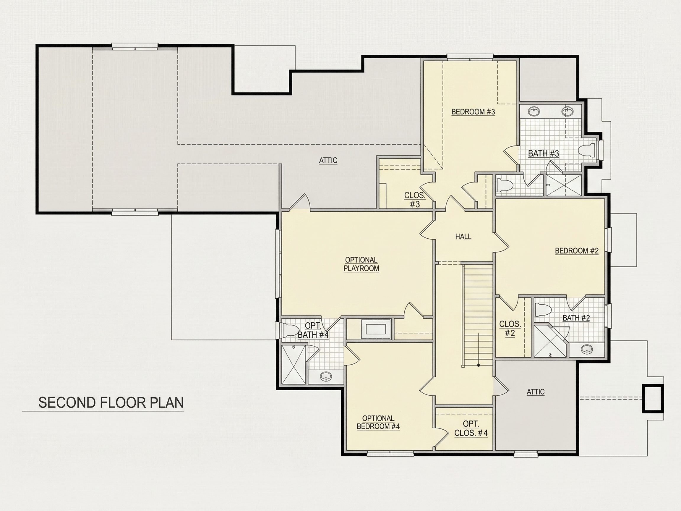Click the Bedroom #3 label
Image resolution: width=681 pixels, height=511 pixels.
point(473,111)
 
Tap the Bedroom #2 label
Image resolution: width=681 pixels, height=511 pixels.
point(577,251)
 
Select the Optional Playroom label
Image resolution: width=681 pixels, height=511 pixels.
point(361,264)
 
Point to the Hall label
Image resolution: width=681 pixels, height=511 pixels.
point(463,237)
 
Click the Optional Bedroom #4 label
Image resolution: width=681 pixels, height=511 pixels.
point(378,422)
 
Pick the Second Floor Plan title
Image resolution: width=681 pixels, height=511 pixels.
point(111,403)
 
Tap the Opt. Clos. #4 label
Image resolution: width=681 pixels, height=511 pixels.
point(471,428)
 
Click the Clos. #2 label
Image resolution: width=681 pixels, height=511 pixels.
point(510,329)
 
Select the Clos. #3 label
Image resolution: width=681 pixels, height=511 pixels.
point(415,200)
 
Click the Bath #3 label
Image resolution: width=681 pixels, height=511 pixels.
point(543,153)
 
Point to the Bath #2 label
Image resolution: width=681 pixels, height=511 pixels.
point(576,318)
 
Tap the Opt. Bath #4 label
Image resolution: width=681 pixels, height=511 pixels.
point(313,330)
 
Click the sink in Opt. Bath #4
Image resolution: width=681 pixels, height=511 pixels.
point(325,376)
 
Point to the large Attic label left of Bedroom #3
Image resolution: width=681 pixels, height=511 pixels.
point(328,160)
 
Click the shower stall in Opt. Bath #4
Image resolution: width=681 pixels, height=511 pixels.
point(294,364)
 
